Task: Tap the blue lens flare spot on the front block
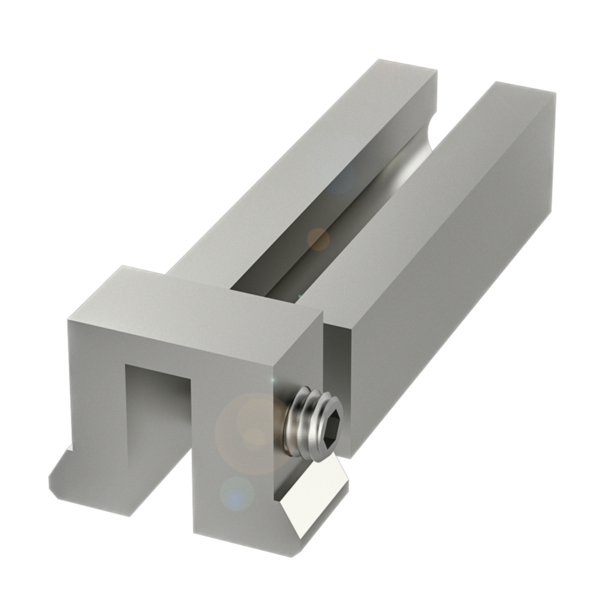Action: (237, 493)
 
